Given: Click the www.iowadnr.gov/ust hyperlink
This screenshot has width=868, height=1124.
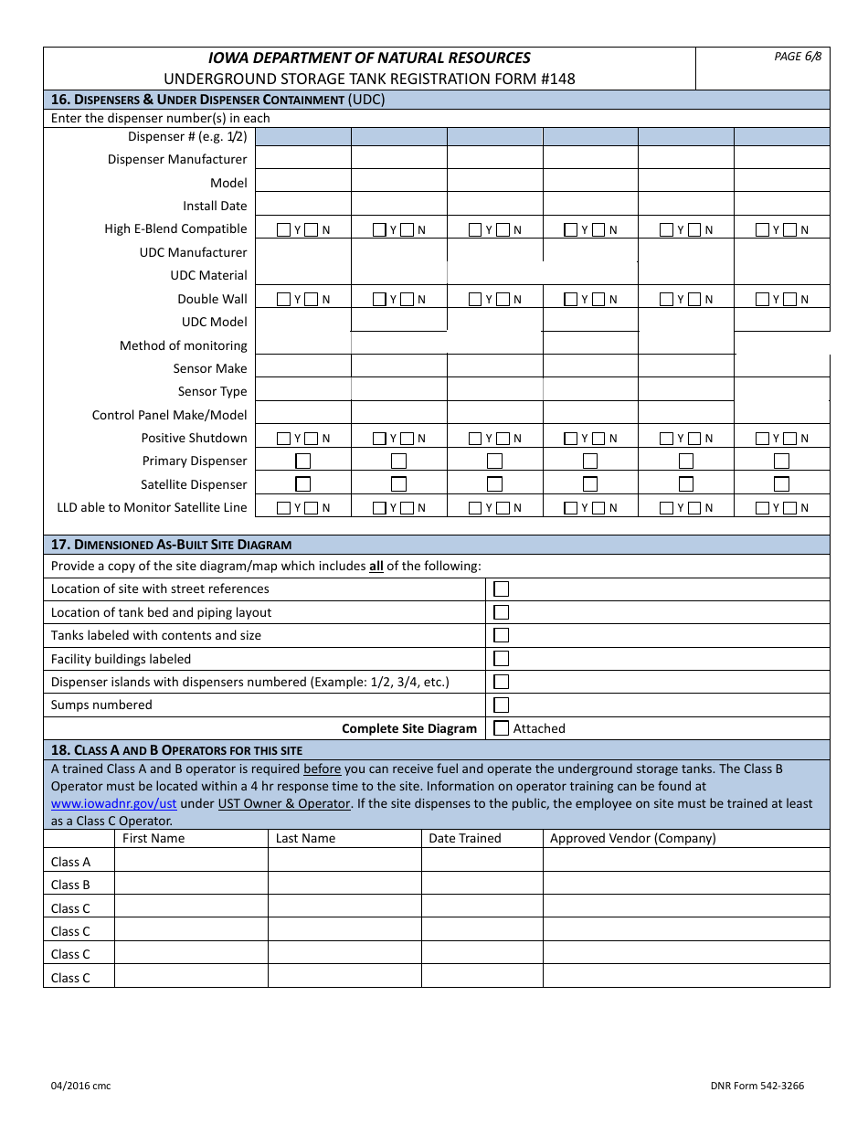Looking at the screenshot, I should [113, 803].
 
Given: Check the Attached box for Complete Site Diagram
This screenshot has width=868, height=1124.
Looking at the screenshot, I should [501, 728].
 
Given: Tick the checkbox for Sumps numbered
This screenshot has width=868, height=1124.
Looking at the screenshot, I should [501, 705].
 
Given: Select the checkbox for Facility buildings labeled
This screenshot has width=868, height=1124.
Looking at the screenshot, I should [501, 659].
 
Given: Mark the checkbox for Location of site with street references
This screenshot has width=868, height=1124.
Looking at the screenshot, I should [501, 589].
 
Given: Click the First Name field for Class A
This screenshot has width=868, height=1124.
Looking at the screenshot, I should [190, 861].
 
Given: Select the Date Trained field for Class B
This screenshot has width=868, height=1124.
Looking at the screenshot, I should [482, 885].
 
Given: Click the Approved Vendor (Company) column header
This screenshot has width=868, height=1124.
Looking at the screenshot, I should [632, 838].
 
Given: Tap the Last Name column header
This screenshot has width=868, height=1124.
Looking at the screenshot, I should [305, 838].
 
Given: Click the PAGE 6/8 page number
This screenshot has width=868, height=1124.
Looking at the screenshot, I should [798, 57].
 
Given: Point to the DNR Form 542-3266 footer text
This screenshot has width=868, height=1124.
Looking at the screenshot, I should [757, 1086].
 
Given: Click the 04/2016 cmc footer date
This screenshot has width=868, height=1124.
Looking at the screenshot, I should [80, 1086].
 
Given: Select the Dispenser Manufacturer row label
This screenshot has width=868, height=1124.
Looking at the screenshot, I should [177, 160].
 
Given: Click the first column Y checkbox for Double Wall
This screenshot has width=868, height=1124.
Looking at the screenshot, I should [283, 299].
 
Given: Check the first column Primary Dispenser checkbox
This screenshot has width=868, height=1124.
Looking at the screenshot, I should [303, 461].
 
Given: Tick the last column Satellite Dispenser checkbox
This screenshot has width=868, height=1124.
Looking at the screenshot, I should [781, 484].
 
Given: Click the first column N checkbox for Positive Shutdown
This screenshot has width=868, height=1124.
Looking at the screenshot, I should [312, 439].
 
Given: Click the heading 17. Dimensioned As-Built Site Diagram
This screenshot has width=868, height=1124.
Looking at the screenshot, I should [171, 545].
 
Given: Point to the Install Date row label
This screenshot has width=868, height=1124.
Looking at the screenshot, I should [215, 206].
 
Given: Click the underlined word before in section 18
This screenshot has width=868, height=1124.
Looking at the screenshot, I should [322, 769].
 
